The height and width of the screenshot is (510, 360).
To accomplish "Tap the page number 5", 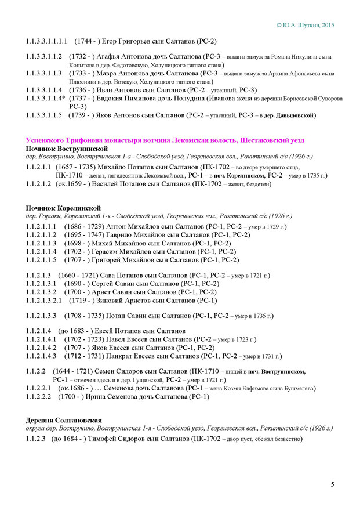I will pos(333,484).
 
